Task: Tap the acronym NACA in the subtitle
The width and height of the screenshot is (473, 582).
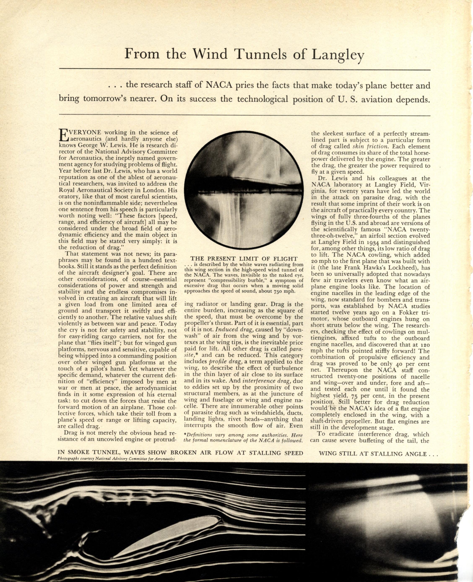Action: click(x=218, y=85)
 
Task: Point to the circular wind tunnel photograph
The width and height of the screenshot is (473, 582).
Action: click(x=244, y=190)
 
